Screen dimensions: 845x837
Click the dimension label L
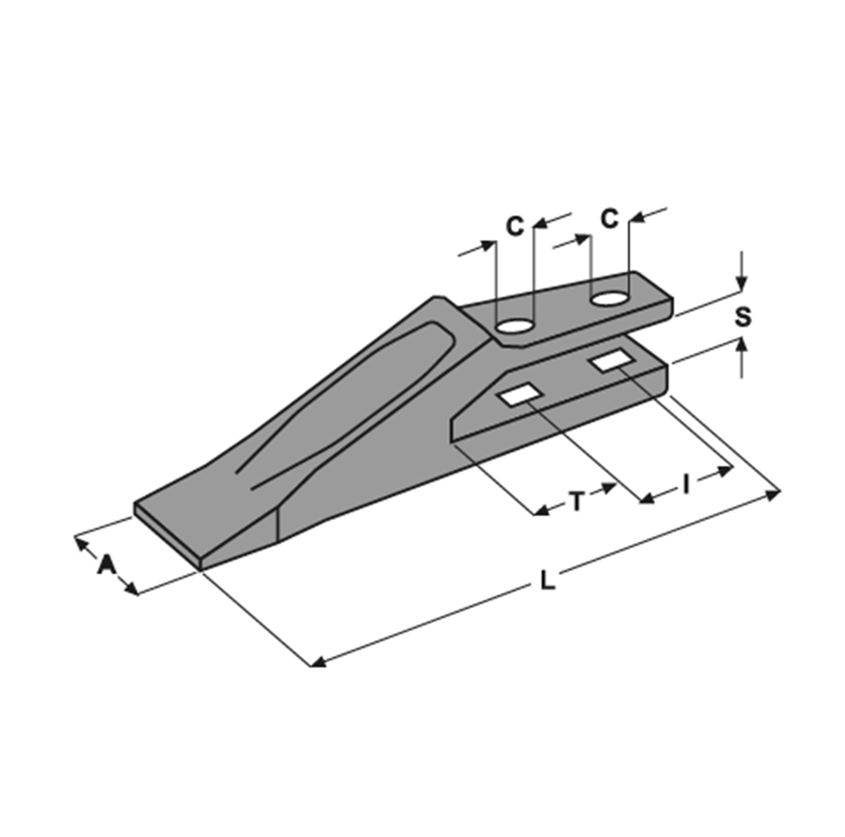tap(548, 580)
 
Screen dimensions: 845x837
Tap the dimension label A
tap(106, 565)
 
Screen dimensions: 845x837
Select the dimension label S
tap(743, 317)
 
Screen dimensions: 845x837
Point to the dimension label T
tap(577, 502)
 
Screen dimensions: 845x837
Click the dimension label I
tap(686, 484)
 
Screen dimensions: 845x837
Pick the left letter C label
tap(515, 226)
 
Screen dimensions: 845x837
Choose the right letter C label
tap(609, 219)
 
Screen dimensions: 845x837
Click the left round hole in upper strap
tap(515, 326)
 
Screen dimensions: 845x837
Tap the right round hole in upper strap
tap(609, 298)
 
